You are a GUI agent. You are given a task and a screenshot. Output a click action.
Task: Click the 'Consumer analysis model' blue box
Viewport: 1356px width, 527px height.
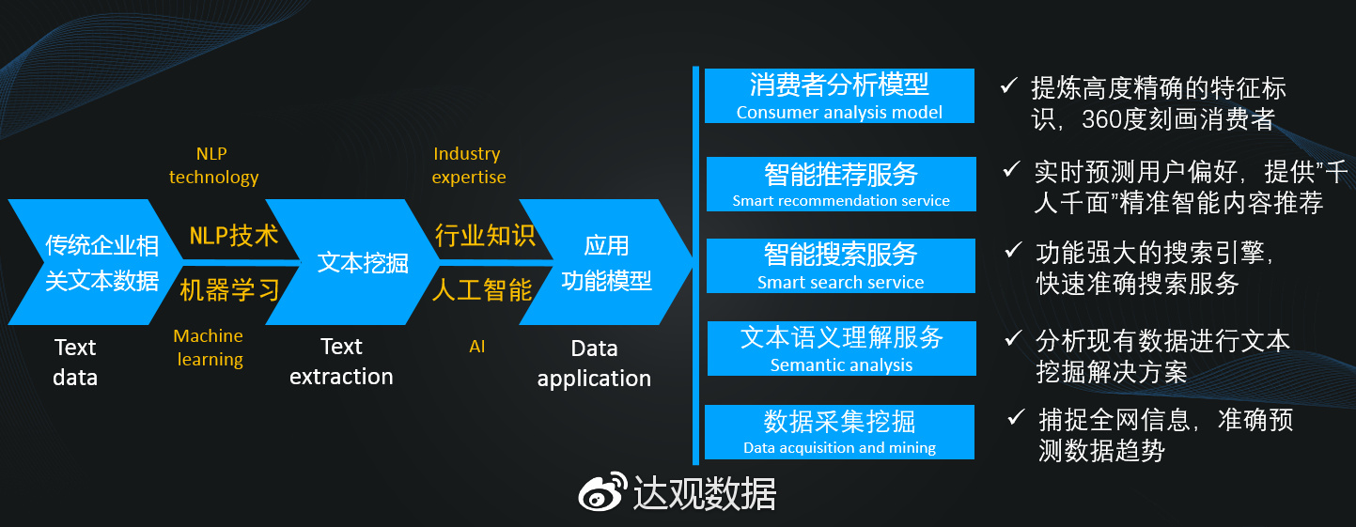click(839, 96)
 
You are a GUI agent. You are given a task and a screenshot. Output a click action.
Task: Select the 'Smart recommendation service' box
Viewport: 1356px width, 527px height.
click(840, 184)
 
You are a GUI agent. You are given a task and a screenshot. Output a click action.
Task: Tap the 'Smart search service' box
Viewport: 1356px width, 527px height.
click(840, 266)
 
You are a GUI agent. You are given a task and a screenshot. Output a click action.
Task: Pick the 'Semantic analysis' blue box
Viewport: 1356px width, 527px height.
click(840, 349)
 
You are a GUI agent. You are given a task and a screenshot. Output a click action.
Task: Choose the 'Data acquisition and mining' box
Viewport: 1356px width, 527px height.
click(839, 432)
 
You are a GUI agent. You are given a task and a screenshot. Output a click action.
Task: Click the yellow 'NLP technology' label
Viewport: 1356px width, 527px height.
click(213, 165)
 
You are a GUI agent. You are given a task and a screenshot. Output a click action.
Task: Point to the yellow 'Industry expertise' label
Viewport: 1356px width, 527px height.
click(468, 165)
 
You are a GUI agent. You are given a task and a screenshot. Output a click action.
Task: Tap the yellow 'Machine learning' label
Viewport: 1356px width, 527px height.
click(209, 348)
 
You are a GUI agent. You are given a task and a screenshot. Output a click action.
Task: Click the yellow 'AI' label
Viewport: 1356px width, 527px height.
click(477, 347)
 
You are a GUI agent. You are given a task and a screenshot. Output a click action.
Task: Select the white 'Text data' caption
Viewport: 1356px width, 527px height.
click(75, 363)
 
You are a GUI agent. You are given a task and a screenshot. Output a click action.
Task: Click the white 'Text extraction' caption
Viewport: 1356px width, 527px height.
click(341, 362)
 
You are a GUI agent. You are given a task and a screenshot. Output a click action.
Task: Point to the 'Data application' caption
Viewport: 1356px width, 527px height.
click(594, 364)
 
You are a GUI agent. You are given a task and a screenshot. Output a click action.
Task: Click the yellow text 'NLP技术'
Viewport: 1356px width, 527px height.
click(234, 236)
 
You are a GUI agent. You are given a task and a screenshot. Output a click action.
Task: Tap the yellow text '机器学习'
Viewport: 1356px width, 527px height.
click(230, 289)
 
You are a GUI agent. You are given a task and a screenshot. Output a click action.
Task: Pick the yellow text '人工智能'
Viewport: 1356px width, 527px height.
click(482, 289)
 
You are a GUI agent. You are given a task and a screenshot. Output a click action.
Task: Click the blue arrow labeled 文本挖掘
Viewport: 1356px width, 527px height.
click(362, 262)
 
